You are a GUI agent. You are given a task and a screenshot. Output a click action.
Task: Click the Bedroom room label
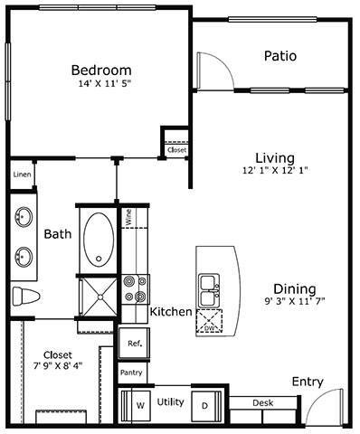tap(100, 71)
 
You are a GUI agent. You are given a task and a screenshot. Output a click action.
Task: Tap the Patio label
tap(280, 56)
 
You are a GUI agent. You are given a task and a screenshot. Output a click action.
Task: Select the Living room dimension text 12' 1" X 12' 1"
tap(275, 171)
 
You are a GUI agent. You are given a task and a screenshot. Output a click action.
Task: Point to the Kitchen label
tap(171, 312)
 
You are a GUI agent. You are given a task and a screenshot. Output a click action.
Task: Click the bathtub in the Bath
tap(97, 238)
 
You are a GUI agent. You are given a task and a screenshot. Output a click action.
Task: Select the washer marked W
tap(140, 405)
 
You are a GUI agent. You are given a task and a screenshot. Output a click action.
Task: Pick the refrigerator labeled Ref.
tap(134, 344)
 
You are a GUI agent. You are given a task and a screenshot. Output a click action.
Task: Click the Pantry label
tap(131, 372)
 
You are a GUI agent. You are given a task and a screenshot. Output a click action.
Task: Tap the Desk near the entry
tap(262, 403)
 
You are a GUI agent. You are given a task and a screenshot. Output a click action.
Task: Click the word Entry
tap(308, 382)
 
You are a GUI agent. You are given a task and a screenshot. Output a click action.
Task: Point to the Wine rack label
tap(129, 216)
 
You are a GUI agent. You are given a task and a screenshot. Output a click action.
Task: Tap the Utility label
tap(170, 401)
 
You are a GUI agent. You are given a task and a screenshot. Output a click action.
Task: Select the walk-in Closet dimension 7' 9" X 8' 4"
tap(52, 367)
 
